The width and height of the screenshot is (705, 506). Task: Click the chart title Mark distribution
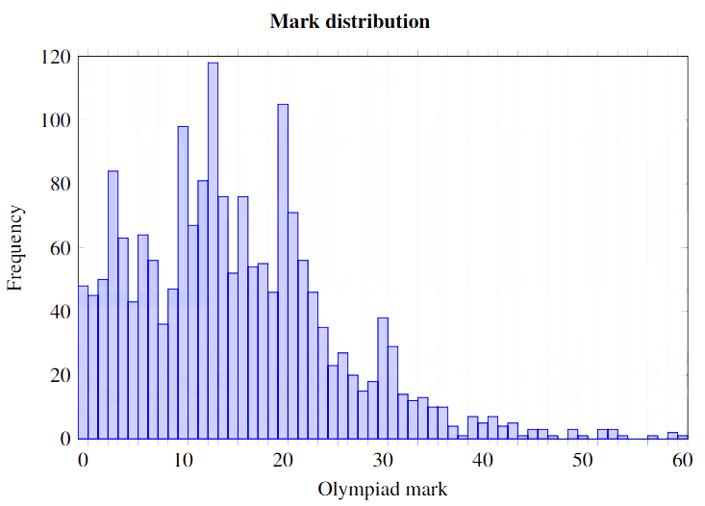(x=349, y=21)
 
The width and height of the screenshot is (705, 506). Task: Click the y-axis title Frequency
(x=15, y=249)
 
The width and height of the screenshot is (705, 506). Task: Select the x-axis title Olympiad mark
(x=382, y=489)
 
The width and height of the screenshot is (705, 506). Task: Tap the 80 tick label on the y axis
(x=61, y=185)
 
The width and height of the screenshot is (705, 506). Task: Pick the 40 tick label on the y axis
(x=61, y=312)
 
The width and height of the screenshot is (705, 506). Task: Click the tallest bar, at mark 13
(x=213, y=250)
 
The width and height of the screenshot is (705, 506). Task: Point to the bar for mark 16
(x=242, y=317)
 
